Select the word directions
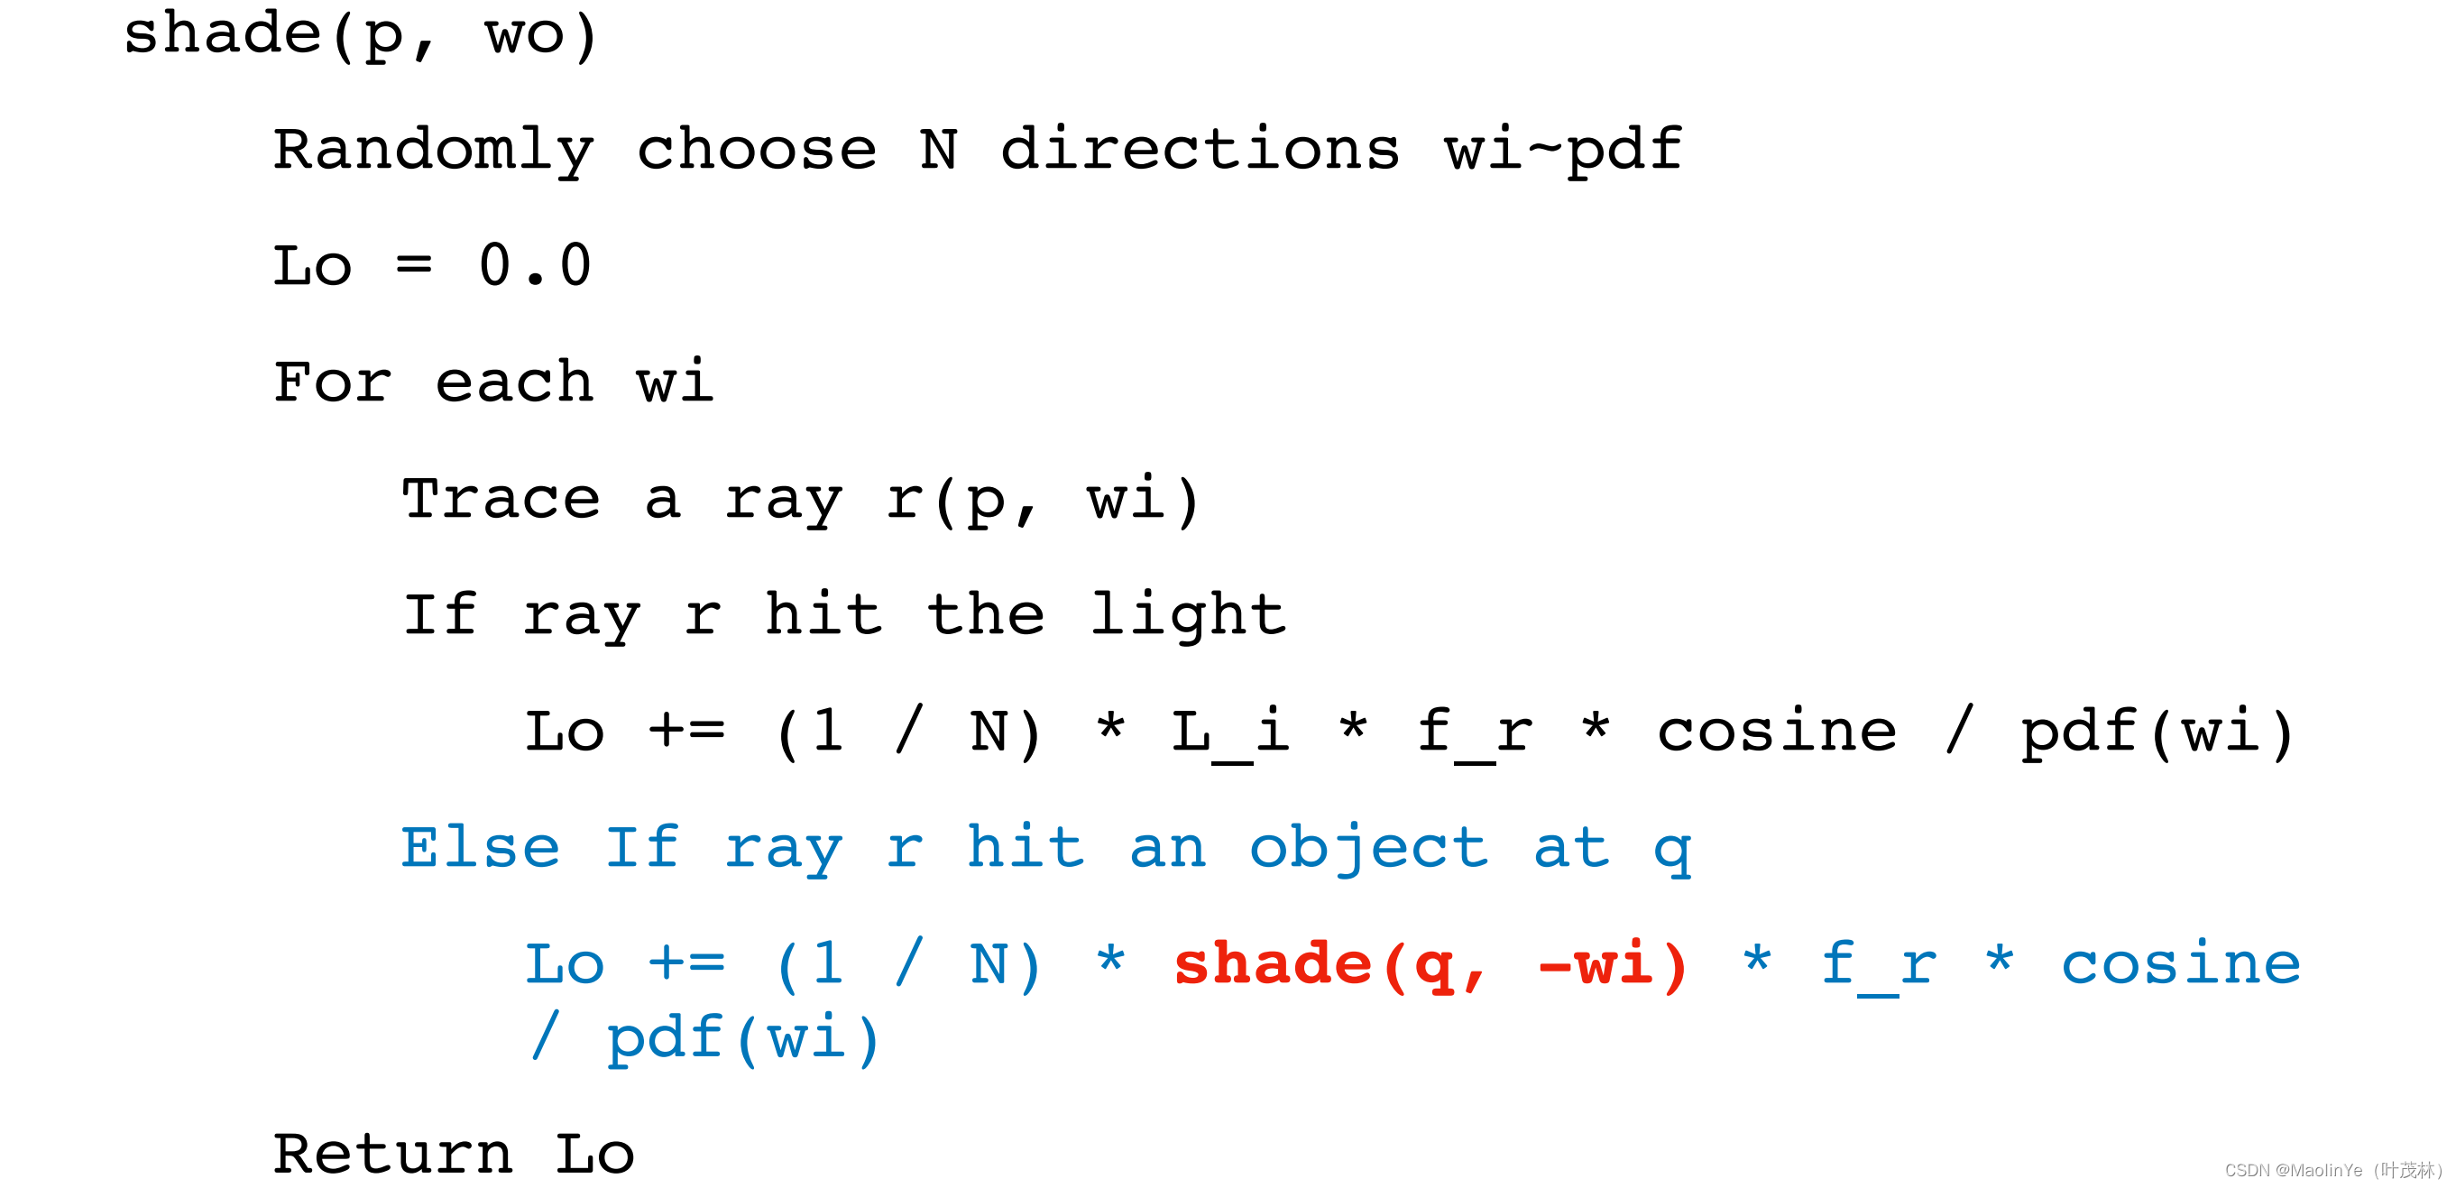point(1200,150)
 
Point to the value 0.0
point(535,266)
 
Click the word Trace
point(501,499)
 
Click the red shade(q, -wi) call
point(1430,965)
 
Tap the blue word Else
point(481,848)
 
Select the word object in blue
point(1369,850)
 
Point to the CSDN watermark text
point(2332,1170)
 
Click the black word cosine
point(1777,732)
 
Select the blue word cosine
point(2182,964)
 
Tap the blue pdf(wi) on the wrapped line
point(744,1038)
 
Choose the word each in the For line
point(515,382)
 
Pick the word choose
point(757,150)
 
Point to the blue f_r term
point(1879,966)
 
